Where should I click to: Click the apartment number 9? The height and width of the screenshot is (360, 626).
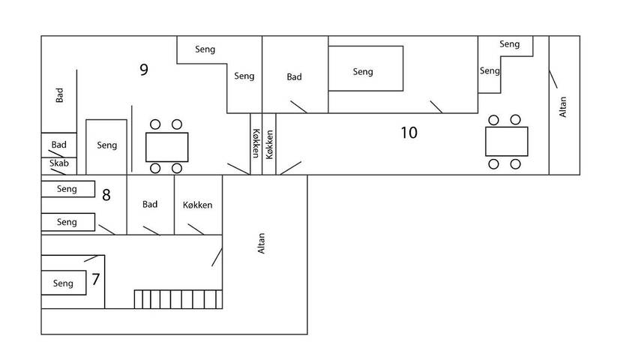pyautogui.click(x=143, y=70)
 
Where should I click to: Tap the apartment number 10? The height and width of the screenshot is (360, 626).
pyautogui.click(x=409, y=133)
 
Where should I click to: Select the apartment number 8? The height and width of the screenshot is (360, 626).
pyautogui.click(x=106, y=196)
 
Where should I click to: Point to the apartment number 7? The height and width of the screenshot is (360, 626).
pyautogui.click(x=95, y=280)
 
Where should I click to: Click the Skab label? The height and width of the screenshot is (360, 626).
pyautogui.click(x=59, y=163)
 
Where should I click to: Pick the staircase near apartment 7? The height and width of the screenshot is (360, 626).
pyautogui.click(x=178, y=299)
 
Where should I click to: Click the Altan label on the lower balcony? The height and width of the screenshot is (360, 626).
pyautogui.click(x=262, y=244)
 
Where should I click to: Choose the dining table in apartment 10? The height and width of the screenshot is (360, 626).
pyautogui.click(x=506, y=142)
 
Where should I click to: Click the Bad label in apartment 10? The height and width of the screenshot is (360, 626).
pyautogui.click(x=295, y=76)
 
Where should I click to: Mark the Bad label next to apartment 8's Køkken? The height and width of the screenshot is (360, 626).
pyautogui.click(x=150, y=204)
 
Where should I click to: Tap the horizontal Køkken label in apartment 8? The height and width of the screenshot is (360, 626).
pyautogui.click(x=198, y=205)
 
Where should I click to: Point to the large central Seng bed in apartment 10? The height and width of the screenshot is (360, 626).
pyautogui.click(x=366, y=69)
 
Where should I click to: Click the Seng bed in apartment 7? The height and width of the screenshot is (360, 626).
pyautogui.click(x=64, y=283)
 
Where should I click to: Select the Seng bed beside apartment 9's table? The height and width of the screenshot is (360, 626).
pyautogui.click(x=107, y=146)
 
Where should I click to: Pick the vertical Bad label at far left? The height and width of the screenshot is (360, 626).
pyautogui.click(x=58, y=96)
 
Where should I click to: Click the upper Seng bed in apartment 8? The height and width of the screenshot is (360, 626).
pyautogui.click(x=67, y=189)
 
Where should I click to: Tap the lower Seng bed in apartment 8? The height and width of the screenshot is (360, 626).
pyautogui.click(x=67, y=222)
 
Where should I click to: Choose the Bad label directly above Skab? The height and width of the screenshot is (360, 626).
pyautogui.click(x=59, y=144)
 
